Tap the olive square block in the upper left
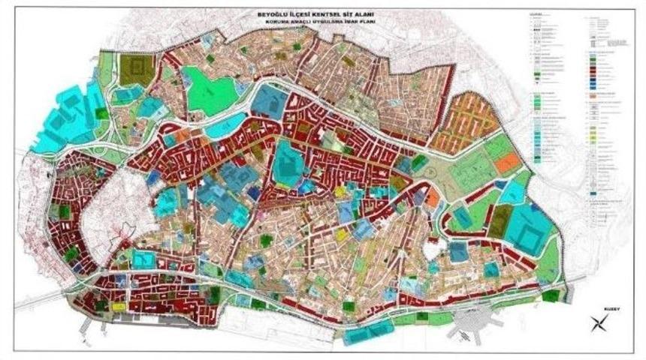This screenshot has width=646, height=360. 137,69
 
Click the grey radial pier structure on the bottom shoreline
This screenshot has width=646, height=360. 475,328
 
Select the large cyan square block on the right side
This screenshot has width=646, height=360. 531,230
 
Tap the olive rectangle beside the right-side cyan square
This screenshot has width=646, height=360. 499,218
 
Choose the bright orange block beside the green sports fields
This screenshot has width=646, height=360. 509,161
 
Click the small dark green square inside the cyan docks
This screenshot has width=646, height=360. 101,114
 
